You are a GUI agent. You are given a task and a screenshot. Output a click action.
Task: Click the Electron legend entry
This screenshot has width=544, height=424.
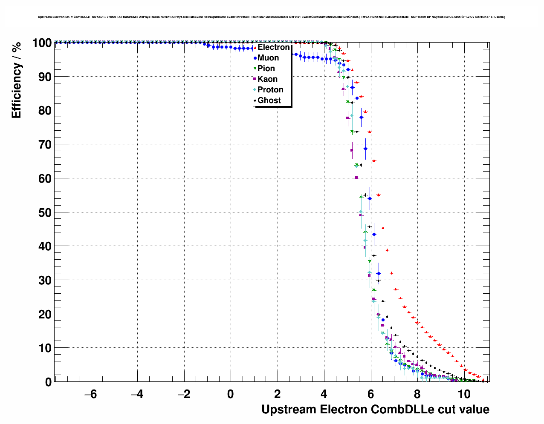click(273, 47)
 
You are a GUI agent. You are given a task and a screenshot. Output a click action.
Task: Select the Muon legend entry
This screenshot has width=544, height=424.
click(268, 58)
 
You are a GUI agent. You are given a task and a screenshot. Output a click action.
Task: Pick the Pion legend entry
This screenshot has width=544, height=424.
click(266, 69)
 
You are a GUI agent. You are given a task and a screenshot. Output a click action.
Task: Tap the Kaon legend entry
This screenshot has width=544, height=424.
click(267, 79)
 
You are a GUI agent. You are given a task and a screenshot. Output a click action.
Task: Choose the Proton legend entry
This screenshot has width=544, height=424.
click(270, 90)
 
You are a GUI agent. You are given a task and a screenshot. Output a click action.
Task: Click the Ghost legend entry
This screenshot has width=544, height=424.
click(269, 100)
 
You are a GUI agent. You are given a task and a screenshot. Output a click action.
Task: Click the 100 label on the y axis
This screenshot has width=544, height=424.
click(41, 43)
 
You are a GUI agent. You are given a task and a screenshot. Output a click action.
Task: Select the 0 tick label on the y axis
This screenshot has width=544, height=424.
click(48, 382)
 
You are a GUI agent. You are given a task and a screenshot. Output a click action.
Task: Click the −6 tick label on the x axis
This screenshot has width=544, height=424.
click(90, 394)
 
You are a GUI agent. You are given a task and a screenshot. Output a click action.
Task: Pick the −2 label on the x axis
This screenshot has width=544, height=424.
click(184, 394)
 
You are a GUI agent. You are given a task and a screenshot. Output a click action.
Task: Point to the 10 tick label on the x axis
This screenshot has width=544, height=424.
click(464, 394)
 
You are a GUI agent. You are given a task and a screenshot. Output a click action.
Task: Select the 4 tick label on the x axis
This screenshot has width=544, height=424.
click(324, 394)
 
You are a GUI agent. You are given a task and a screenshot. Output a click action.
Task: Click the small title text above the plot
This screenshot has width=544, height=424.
click(272, 17)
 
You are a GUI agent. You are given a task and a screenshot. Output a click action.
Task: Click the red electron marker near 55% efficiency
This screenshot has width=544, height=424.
click(378, 195)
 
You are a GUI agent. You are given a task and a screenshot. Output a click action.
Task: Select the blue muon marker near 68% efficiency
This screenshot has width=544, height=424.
click(365, 149)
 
